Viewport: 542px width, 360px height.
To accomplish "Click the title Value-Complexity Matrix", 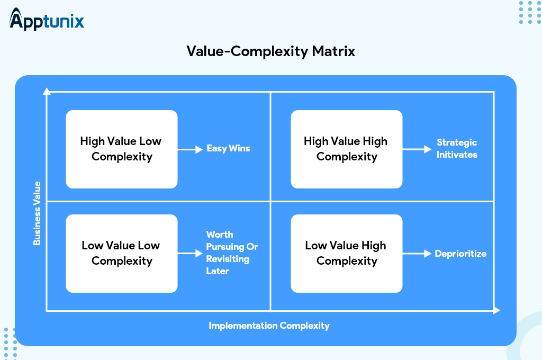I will tap(270, 51).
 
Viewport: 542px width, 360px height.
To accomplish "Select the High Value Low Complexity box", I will tap(121, 149).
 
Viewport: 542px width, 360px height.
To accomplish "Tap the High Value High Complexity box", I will tap(346, 149).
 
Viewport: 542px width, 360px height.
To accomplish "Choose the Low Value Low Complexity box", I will tap(121, 253).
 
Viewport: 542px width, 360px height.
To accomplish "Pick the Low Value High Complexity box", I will tap(346, 253).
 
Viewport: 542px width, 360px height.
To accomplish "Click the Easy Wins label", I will tap(228, 149).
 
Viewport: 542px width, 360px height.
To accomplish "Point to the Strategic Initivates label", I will tap(457, 149).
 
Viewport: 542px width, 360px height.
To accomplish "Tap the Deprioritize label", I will tap(460, 254).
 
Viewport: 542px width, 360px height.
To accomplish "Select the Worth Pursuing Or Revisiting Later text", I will tap(232, 253).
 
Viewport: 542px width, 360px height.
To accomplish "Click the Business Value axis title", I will tap(37, 213).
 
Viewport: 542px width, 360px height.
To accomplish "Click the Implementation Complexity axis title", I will tap(269, 326).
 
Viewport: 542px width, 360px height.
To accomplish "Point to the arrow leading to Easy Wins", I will tap(190, 149).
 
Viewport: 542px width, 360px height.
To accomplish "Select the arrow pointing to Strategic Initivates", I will tap(417, 149).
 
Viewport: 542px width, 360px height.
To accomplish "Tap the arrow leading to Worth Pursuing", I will tap(190, 254).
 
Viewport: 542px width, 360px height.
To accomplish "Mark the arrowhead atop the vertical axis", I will tap(47, 91).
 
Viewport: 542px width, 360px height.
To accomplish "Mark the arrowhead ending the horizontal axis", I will tap(496, 311).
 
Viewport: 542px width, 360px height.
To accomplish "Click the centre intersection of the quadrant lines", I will tap(270, 201).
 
